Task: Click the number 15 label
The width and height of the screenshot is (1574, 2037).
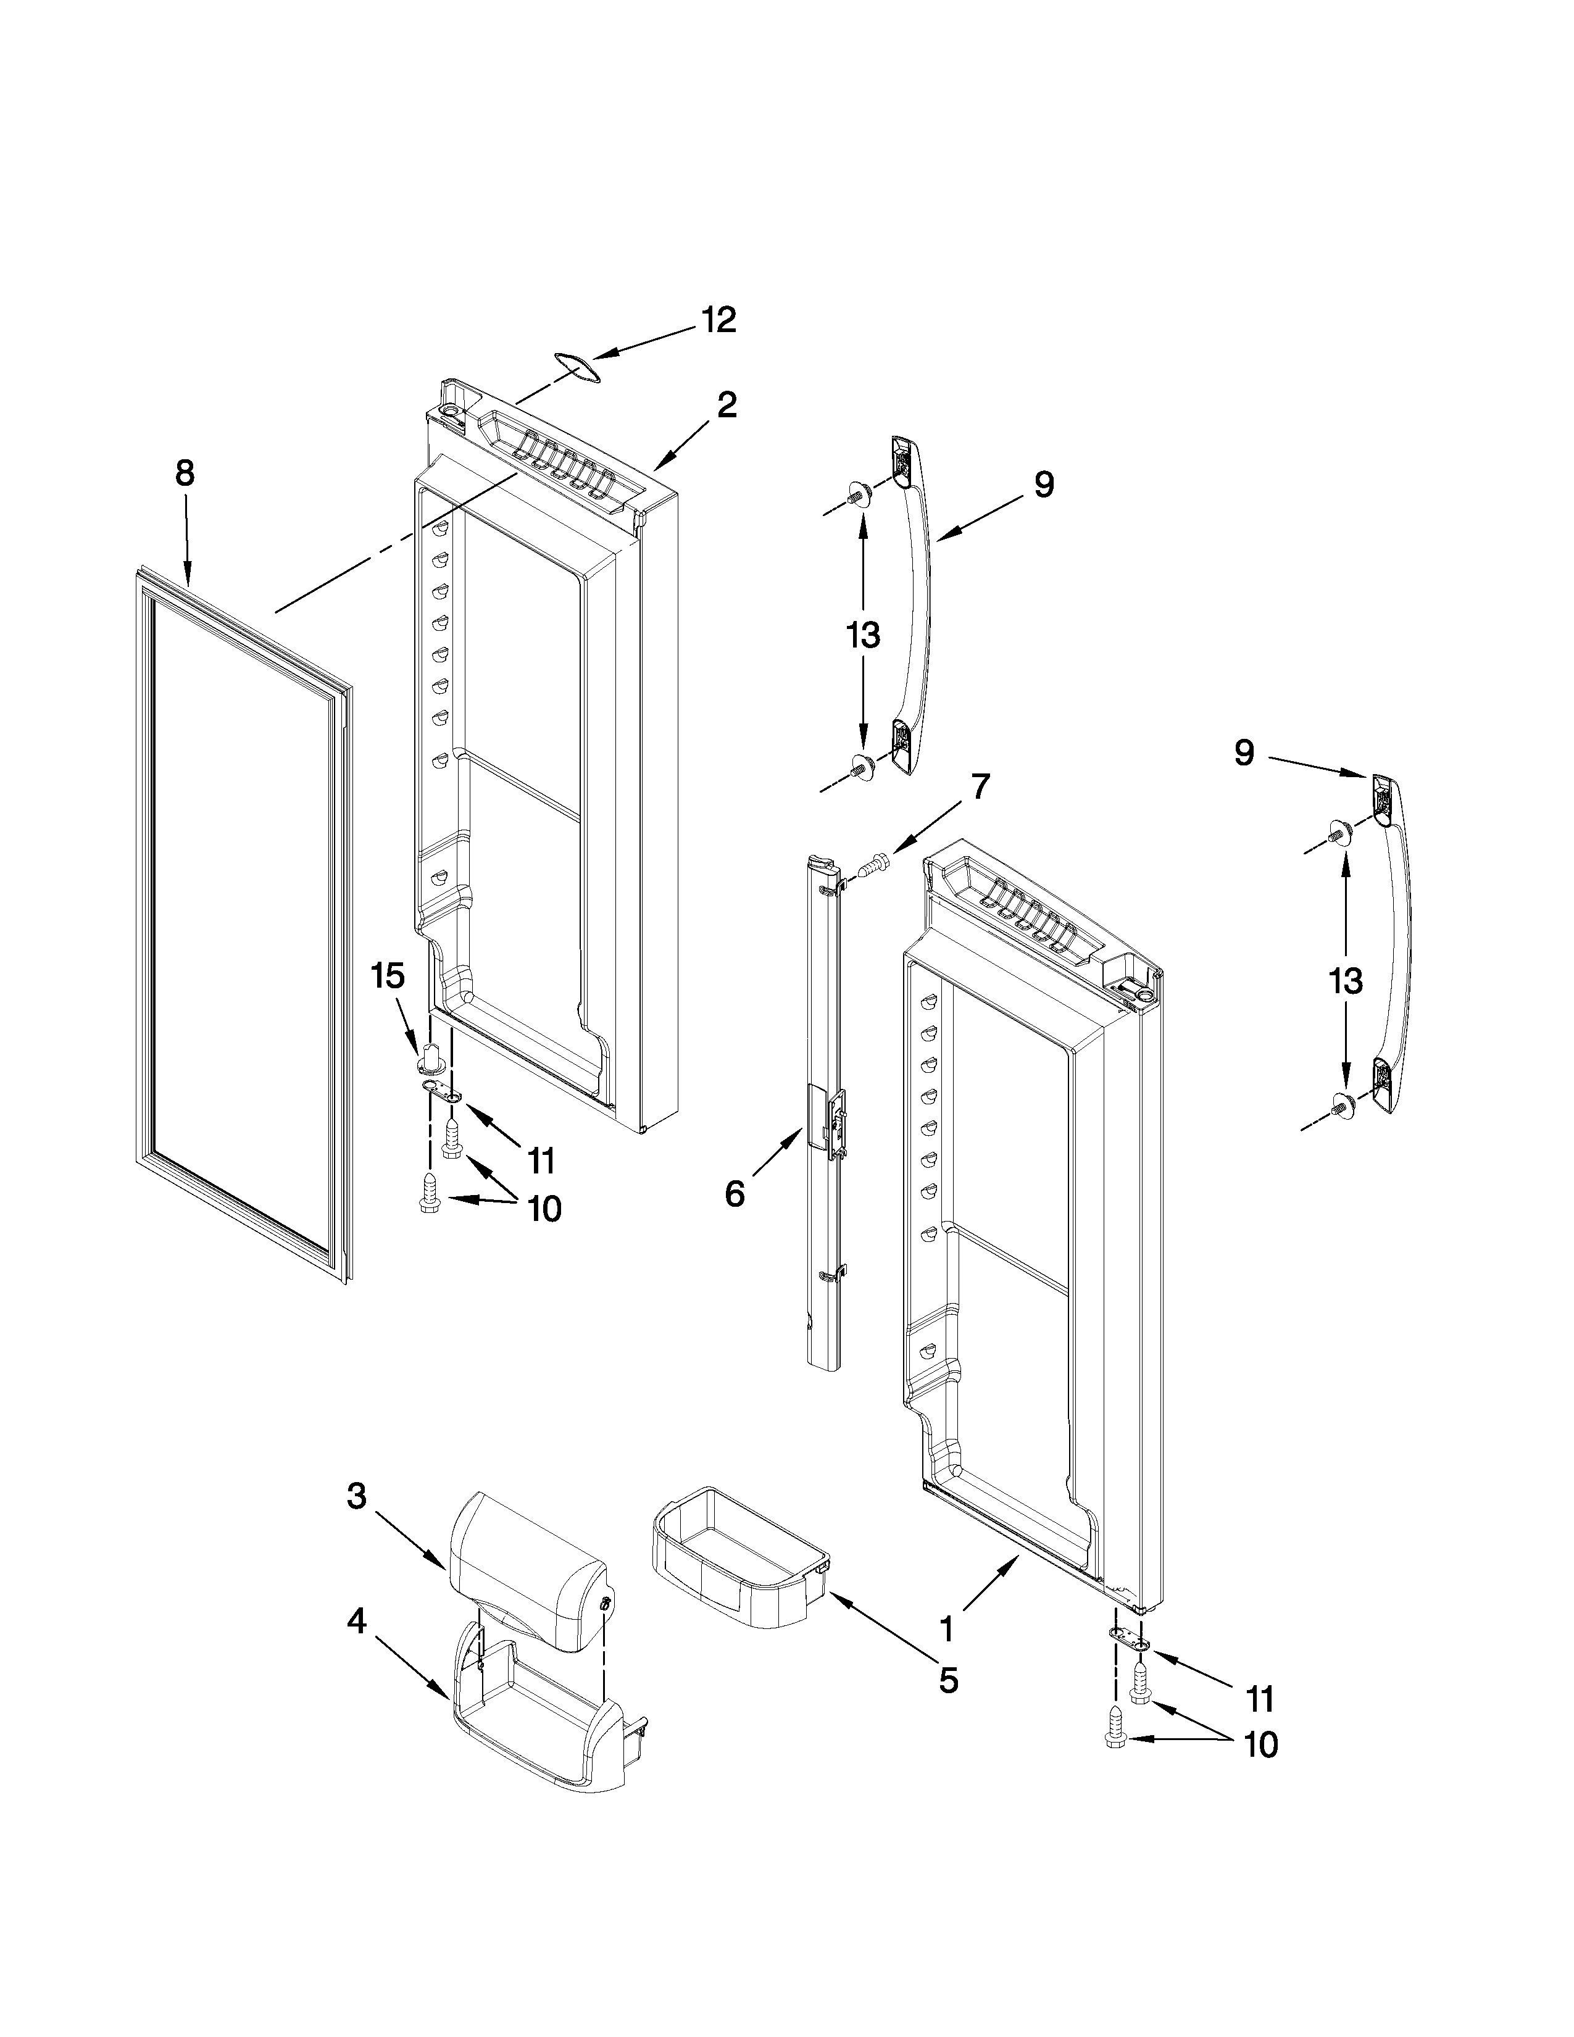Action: point(388,977)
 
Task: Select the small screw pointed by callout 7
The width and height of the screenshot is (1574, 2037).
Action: point(875,863)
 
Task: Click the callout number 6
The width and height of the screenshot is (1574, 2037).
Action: point(735,1194)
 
